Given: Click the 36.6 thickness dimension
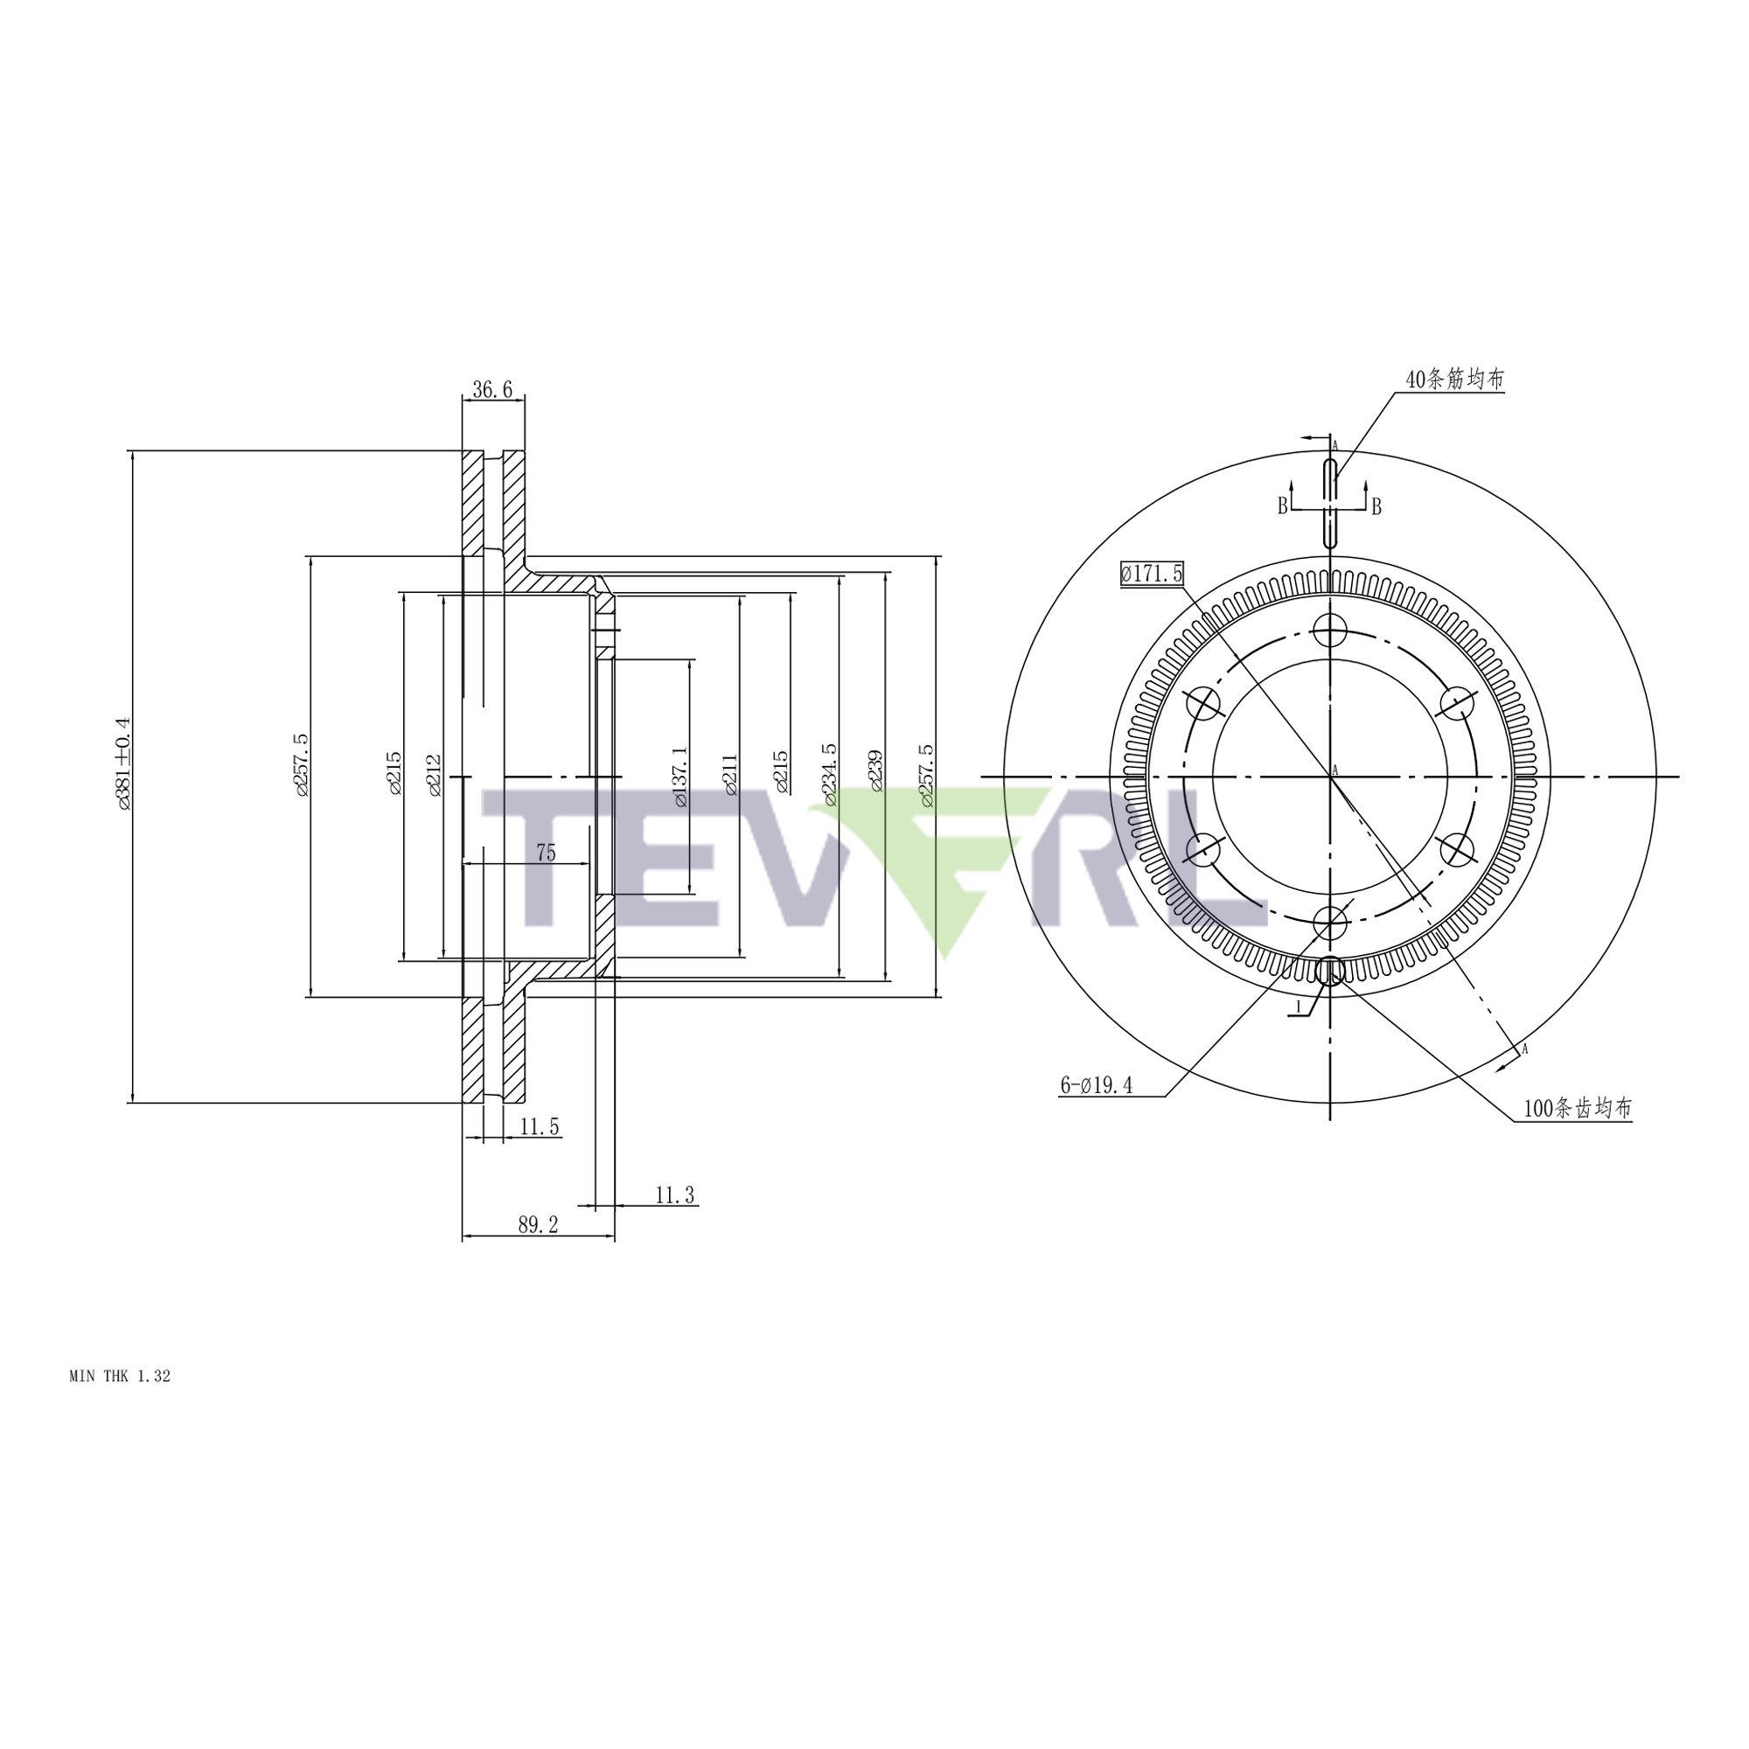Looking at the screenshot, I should (492, 390).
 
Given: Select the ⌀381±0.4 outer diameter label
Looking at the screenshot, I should (123, 763).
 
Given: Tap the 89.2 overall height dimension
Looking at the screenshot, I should (538, 1225).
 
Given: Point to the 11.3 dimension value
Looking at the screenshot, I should (674, 1195).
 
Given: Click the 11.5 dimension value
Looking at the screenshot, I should (540, 1127).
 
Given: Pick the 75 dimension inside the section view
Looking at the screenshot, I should (546, 852).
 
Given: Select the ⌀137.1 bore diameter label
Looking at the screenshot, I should (680, 777).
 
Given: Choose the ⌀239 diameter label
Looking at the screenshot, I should (875, 771).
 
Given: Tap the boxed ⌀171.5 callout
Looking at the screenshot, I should (1152, 573).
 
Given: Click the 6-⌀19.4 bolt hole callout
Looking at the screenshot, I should (1097, 1085).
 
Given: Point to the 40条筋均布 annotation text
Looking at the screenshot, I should (1454, 380).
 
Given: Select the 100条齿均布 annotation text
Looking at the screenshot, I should (1577, 1108).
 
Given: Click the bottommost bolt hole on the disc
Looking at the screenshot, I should (1330, 923).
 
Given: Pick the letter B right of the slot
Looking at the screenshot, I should (1376, 507).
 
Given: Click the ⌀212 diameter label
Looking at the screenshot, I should (435, 775).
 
